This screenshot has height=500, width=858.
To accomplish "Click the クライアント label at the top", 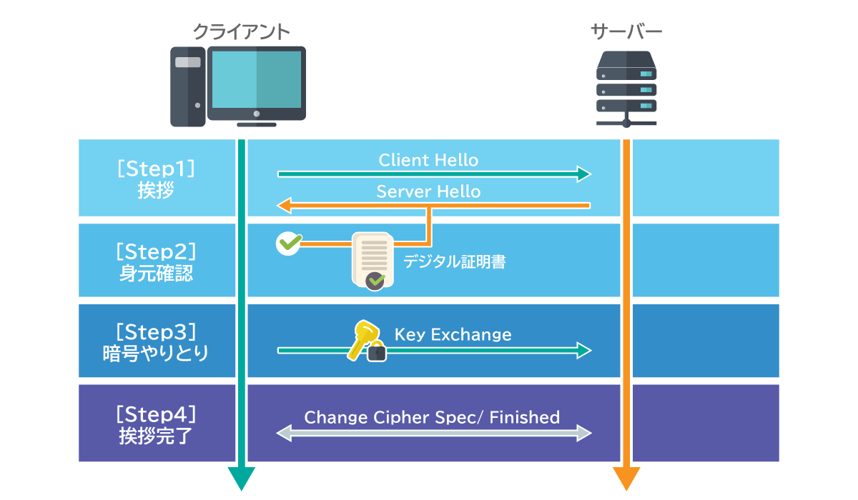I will point(242,31).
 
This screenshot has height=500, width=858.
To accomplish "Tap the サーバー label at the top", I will point(626,31).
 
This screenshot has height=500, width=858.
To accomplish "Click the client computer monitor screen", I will point(257,79).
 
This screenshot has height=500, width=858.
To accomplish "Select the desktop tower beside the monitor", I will point(188,86).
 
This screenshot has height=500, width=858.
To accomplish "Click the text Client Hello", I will point(428,160).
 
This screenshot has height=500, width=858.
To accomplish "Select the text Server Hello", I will point(428,191).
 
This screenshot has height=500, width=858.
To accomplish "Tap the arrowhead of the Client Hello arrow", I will point(584,174).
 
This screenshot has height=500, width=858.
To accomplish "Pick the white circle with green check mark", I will point(288,243).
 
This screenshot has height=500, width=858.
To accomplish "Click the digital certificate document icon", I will point(373,259).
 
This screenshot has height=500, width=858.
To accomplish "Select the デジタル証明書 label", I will point(454,262).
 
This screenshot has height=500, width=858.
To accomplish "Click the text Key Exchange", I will point(453,334).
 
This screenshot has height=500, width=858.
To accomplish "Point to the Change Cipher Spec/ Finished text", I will point(432,417).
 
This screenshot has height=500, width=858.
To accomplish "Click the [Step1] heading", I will point(156,169).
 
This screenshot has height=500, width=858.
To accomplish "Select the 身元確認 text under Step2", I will point(156,274).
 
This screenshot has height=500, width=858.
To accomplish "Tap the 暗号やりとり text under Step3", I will point(156,354).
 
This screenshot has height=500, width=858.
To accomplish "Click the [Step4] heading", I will point(156,414).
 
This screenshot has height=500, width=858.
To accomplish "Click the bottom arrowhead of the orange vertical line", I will point(626,479).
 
